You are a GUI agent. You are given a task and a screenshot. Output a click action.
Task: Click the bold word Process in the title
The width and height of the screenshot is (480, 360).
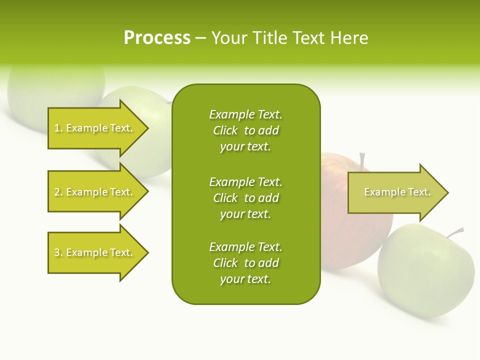point(157,38)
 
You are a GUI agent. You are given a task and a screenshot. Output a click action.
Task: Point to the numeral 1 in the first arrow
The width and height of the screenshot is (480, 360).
point(57,128)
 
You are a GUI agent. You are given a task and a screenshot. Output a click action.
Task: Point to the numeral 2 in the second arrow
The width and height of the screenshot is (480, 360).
point(57,192)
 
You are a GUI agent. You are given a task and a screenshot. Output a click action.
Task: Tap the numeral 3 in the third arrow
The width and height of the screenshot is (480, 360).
point(57,252)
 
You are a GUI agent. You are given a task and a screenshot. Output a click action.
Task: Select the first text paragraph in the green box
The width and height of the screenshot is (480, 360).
point(245,130)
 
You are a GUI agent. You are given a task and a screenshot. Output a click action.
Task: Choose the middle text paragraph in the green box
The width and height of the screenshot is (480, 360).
point(245,198)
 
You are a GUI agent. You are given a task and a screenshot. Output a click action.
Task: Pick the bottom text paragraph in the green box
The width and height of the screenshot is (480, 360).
point(245,263)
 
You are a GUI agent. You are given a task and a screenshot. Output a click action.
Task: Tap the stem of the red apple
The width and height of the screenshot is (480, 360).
point(362,161)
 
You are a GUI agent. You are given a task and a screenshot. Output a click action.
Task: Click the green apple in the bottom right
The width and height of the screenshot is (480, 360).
point(425,272)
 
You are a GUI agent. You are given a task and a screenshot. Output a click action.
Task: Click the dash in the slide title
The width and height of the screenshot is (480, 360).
point(200,38)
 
